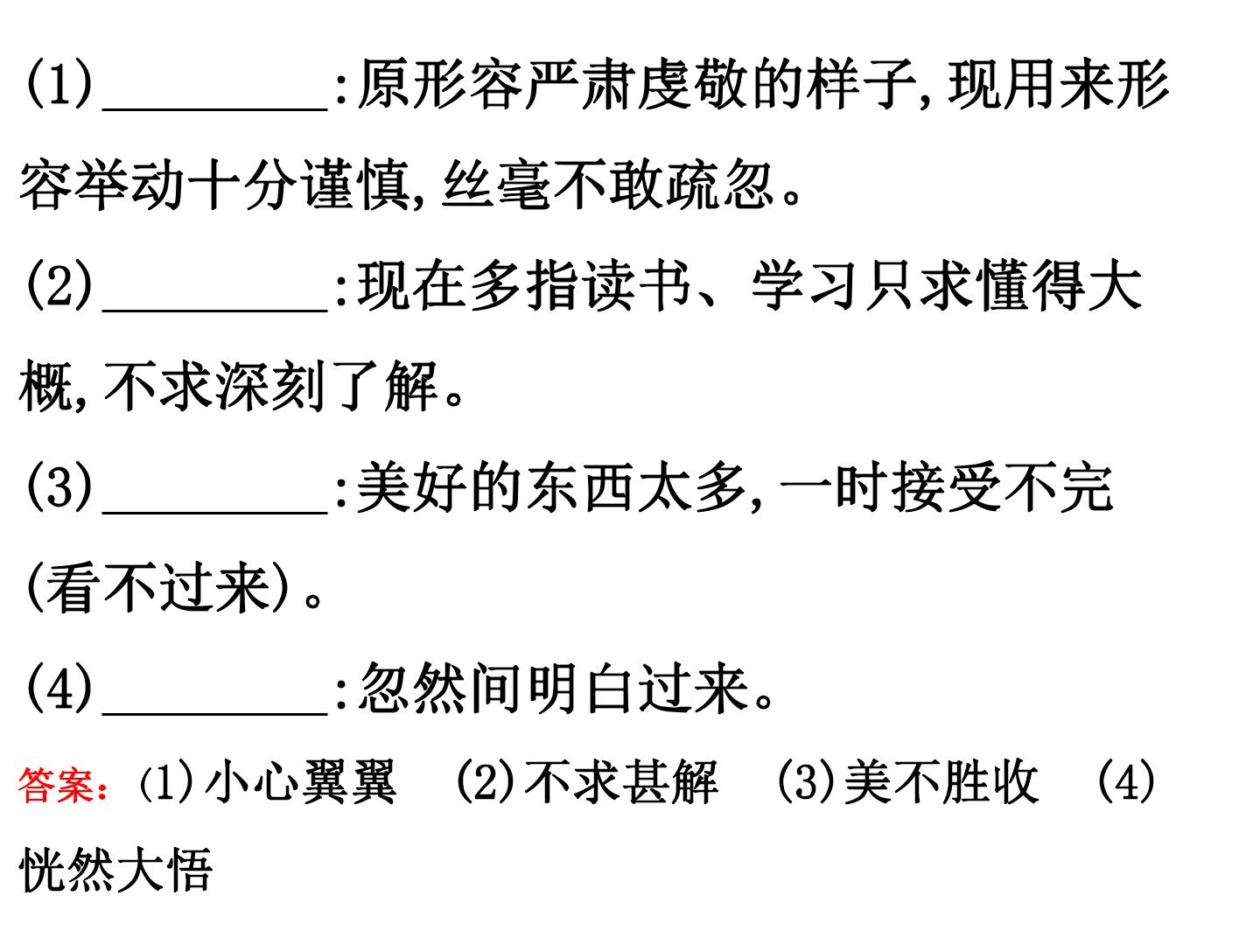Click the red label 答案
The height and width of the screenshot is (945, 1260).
pos(56,785)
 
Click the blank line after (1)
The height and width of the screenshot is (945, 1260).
pos(214,108)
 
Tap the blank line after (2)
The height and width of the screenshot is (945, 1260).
pos(214,310)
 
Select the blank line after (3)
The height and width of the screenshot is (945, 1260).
pos(214,511)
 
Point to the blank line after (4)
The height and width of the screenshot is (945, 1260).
pos(214,712)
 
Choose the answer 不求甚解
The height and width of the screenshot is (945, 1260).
pos(621,782)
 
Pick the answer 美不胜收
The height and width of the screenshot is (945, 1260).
pos(941,782)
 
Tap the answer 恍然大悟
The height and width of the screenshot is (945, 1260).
pos(116,869)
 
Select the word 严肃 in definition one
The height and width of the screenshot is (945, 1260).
pos(579,84)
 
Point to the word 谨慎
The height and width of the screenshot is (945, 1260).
pos(356,184)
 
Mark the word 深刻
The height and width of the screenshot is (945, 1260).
pos(271,386)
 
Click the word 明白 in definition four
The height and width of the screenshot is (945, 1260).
pos(579,688)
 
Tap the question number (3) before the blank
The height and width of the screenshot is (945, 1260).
pos(59,486)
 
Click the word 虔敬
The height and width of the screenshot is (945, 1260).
pos(692,84)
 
